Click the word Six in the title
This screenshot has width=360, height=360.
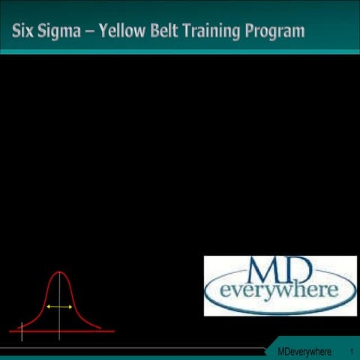pos(24,31)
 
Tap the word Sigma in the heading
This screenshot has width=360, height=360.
pos(64,31)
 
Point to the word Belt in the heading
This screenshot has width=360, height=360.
pos(181,31)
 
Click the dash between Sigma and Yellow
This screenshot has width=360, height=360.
pos(98,31)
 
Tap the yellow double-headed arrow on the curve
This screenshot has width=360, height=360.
pos(59,307)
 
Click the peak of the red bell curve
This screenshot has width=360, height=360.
pos(59,272)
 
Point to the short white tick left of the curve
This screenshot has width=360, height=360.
pos(22,328)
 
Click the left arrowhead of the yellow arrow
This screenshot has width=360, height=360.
pos(48,307)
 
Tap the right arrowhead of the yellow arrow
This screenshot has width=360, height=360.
pos(70,307)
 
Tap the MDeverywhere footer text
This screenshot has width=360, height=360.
pos(304,352)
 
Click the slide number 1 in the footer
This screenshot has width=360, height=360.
pos(351,352)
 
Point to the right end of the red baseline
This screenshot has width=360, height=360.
pos(113,331)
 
